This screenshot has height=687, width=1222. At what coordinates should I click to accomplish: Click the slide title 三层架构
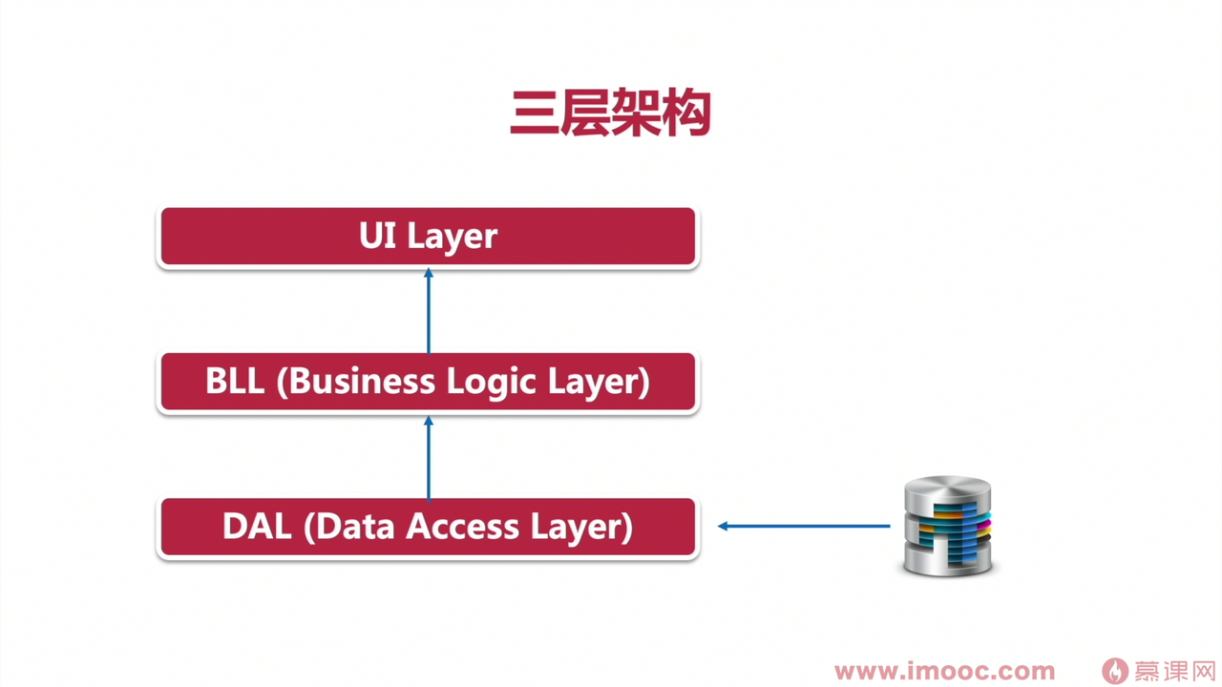[610, 114]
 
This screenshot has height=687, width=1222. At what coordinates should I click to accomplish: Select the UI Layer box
[428, 236]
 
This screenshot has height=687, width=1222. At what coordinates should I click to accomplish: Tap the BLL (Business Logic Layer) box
[428, 382]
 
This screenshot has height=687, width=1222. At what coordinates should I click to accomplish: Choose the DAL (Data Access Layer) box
[428, 527]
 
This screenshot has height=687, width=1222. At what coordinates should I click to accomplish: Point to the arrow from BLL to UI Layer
[429, 313]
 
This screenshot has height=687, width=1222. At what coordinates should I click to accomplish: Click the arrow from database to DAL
[804, 526]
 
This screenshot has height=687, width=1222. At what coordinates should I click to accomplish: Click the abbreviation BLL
[235, 382]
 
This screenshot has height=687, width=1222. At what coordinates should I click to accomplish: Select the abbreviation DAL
[257, 527]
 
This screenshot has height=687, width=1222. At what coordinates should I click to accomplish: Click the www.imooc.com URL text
[944, 672]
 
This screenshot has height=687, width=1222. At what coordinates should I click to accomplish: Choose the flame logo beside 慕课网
[1114, 671]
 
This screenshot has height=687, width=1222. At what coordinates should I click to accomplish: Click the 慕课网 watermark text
[1174, 671]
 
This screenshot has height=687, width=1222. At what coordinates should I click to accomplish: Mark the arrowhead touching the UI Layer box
[429, 274]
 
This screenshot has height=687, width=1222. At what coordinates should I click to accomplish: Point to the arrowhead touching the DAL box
[724, 526]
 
